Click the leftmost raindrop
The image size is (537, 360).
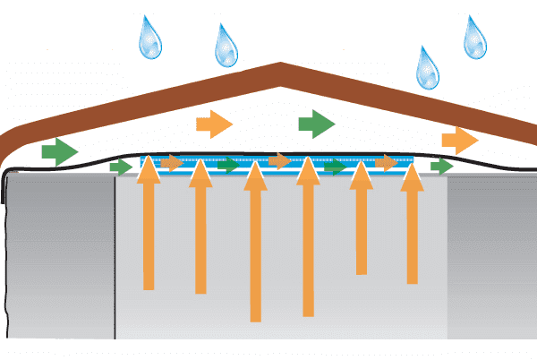151,39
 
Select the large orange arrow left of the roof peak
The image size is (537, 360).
215,123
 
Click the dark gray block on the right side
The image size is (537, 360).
491,260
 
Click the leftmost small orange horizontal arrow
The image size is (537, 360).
172,162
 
